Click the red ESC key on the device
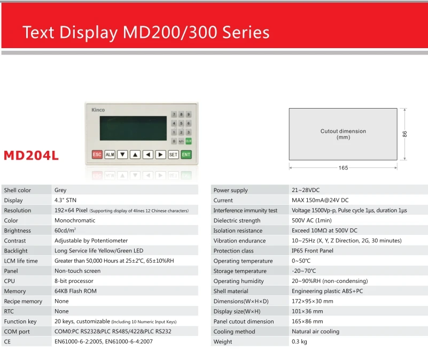click(x=97, y=155)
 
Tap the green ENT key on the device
click(x=186, y=155)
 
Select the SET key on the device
click(x=173, y=155)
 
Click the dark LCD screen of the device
click(x=133, y=128)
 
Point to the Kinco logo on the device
click(x=98, y=110)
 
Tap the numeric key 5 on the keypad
click(x=181, y=123)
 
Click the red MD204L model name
click(x=31, y=156)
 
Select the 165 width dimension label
click(x=343, y=167)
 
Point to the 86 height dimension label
click(x=404, y=134)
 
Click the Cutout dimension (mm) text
click(x=343, y=134)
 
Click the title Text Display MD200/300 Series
click(x=146, y=32)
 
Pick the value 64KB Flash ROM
click(x=76, y=291)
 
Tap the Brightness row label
click(x=18, y=231)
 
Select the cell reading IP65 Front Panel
click(x=313, y=251)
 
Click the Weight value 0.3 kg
click(x=299, y=342)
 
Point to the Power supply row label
click(x=231, y=190)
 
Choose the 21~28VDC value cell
click(x=306, y=190)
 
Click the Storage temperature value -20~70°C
click(x=304, y=271)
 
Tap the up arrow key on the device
click(x=135, y=155)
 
